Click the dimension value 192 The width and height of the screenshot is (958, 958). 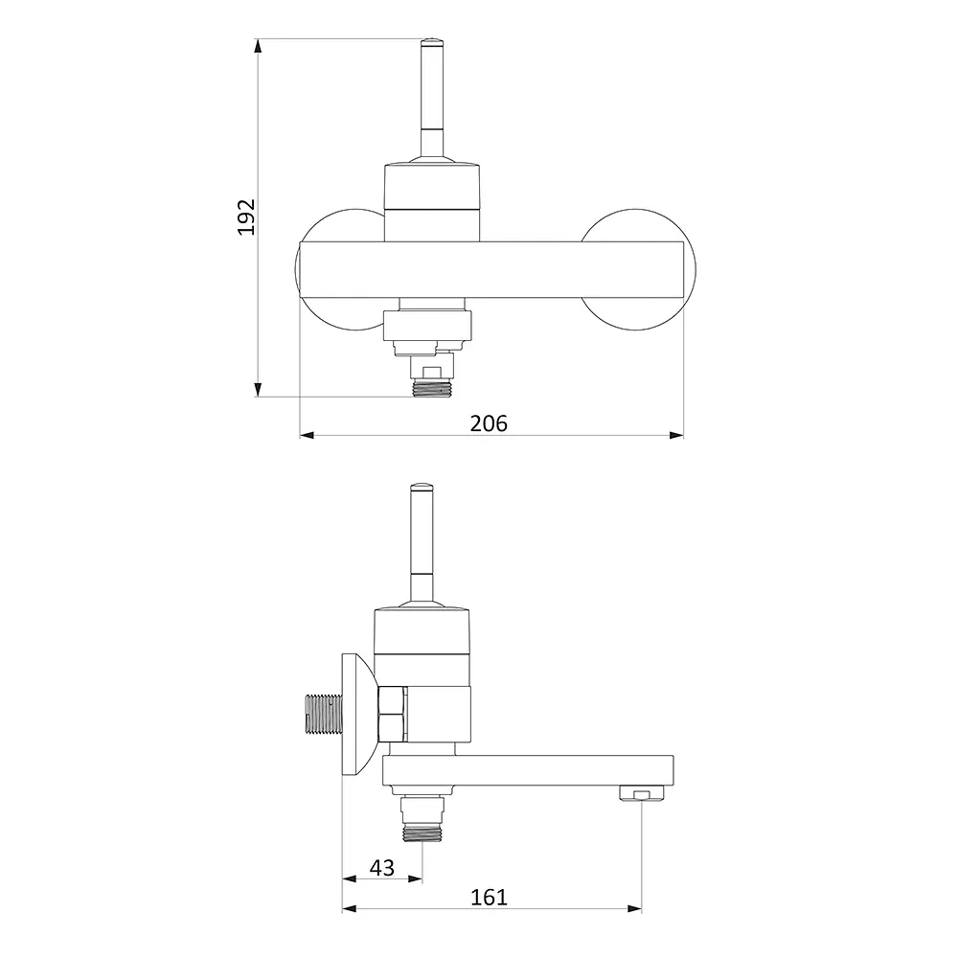[x=246, y=217]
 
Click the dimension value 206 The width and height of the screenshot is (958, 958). [x=489, y=423]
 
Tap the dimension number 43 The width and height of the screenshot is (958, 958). [x=382, y=868]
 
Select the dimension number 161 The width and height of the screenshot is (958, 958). [x=489, y=897]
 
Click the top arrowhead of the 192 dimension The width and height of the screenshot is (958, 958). [x=258, y=46]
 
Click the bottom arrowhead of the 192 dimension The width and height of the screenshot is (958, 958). [x=258, y=389]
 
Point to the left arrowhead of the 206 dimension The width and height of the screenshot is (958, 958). [x=307, y=435]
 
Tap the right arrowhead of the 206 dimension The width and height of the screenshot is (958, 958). [x=676, y=435]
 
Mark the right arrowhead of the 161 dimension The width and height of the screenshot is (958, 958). [x=634, y=909]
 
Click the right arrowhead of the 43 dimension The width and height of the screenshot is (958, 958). [x=415, y=879]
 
